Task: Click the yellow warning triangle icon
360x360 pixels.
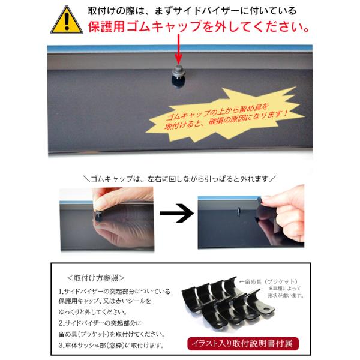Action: (67, 20)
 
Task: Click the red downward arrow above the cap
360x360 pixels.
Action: (179, 49)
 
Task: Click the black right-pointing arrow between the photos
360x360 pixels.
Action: (176, 213)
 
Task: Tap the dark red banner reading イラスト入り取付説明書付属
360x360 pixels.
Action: (243, 343)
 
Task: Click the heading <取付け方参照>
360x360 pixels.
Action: (96, 278)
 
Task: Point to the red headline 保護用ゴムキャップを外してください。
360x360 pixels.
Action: (199, 26)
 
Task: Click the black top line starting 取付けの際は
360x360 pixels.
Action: (192, 11)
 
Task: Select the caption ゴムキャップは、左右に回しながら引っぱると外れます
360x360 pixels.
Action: (180, 179)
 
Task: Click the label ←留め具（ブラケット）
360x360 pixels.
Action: (268, 281)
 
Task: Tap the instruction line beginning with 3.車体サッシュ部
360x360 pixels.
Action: (112, 345)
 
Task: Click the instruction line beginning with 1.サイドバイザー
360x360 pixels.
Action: (115, 292)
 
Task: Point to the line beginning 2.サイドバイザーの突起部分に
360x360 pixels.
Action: (100, 323)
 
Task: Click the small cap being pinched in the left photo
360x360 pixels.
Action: (99, 216)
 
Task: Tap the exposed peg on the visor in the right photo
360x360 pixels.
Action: (239, 211)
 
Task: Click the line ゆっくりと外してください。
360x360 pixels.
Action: (93, 312)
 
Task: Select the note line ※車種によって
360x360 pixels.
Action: (284, 289)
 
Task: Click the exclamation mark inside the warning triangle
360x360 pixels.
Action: (67, 21)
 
